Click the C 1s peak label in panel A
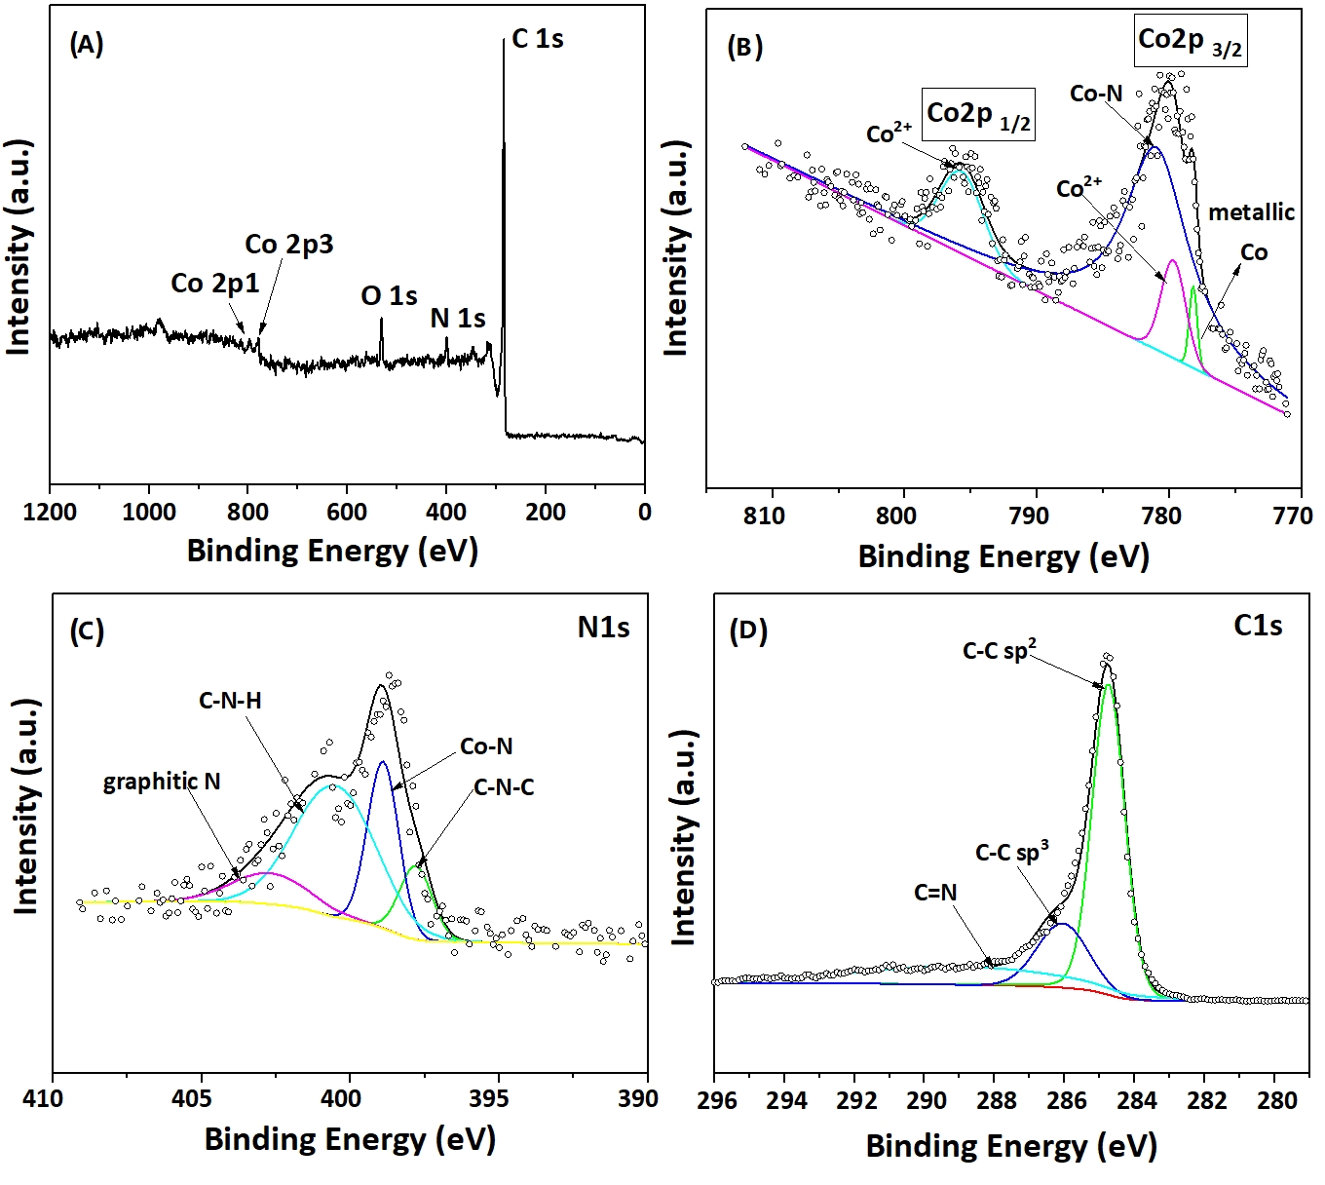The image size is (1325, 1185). click(x=538, y=39)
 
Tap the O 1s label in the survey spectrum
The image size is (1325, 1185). click(x=389, y=295)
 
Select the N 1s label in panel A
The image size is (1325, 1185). click(x=458, y=318)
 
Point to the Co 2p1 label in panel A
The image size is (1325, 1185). click(x=215, y=283)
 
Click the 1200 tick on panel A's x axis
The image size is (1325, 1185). click(x=50, y=513)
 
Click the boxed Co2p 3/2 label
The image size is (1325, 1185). click(x=1191, y=41)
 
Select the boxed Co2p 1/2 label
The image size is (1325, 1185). click(x=978, y=115)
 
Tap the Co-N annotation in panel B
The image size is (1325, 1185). click(x=1096, y=94)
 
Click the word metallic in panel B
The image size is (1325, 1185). click(x=1252, y=212)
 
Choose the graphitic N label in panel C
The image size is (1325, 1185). click(x=162, y=782)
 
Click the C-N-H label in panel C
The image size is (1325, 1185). click(x=230, y=701)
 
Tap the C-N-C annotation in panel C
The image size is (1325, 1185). click(x=504, y=787)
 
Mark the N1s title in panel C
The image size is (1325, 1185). click(x=603, y=628)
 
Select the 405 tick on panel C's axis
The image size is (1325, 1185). click(x=201, y=1099)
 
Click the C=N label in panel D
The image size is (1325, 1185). click(x=935, y=892)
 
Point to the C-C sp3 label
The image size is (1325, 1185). click(x=1011, y=853)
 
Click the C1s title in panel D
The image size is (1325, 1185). click(x=1258, y=626)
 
